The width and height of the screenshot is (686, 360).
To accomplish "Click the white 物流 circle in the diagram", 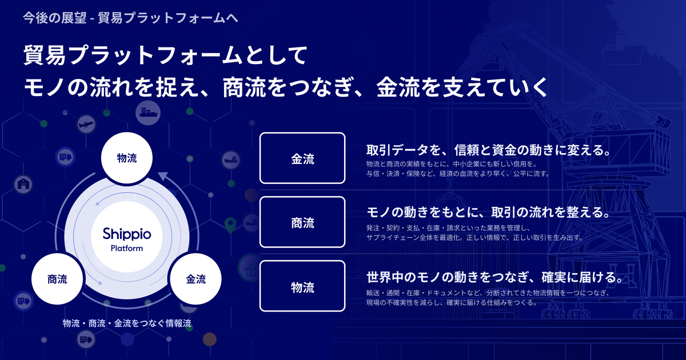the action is coord(127,158).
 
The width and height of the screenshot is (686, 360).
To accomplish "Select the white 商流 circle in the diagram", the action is coord(57,279).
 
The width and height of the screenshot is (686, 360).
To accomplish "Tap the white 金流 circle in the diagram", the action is coord(196,279).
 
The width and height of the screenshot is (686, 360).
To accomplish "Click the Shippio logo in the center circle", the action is coord(127,234).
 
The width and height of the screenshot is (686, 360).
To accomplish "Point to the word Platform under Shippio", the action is coord(127,248).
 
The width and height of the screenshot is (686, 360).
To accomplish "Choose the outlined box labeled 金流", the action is coord(302,158).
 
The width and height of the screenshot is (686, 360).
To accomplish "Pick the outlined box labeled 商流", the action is coord(302,222).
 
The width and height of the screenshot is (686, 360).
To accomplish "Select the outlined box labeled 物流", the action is coord(302,286).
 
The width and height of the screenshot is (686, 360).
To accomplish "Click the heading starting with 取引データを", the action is coord(489,150).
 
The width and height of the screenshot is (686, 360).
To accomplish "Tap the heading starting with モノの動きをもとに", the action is coord(489,212).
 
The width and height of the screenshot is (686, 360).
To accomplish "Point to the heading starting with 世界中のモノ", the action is coord(495,277).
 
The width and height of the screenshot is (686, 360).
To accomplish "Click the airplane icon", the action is coord(86,125).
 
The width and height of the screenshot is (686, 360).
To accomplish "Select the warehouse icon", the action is coord(23,184).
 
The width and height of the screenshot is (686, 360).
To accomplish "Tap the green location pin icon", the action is coord(230,225).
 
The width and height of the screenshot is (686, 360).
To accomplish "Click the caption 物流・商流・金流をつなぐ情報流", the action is coord(127,323).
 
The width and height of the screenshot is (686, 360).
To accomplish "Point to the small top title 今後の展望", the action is coord(55,18).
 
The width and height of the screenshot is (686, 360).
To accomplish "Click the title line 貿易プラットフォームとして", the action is coord(165,55).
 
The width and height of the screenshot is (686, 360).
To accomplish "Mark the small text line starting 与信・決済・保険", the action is coord(457,174).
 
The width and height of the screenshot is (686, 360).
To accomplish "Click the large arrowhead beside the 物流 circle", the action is coord(163,177).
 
